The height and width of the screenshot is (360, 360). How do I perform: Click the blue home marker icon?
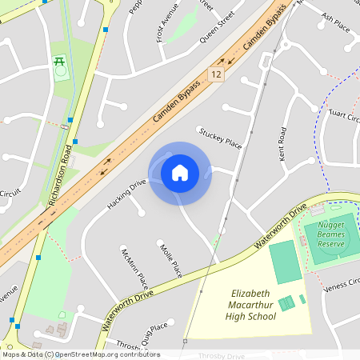point(180,173)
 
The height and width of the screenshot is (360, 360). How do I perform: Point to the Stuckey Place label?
point(220,137)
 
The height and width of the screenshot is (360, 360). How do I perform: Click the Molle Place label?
point(170,260)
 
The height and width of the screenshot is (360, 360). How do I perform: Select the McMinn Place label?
point(134,268)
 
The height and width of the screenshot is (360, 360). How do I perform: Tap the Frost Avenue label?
point(169,25)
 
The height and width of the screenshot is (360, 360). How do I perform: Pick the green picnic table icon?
point(58,62)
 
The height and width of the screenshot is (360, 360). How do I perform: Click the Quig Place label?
point(154,330)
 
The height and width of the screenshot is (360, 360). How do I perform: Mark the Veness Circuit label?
point(342,281)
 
